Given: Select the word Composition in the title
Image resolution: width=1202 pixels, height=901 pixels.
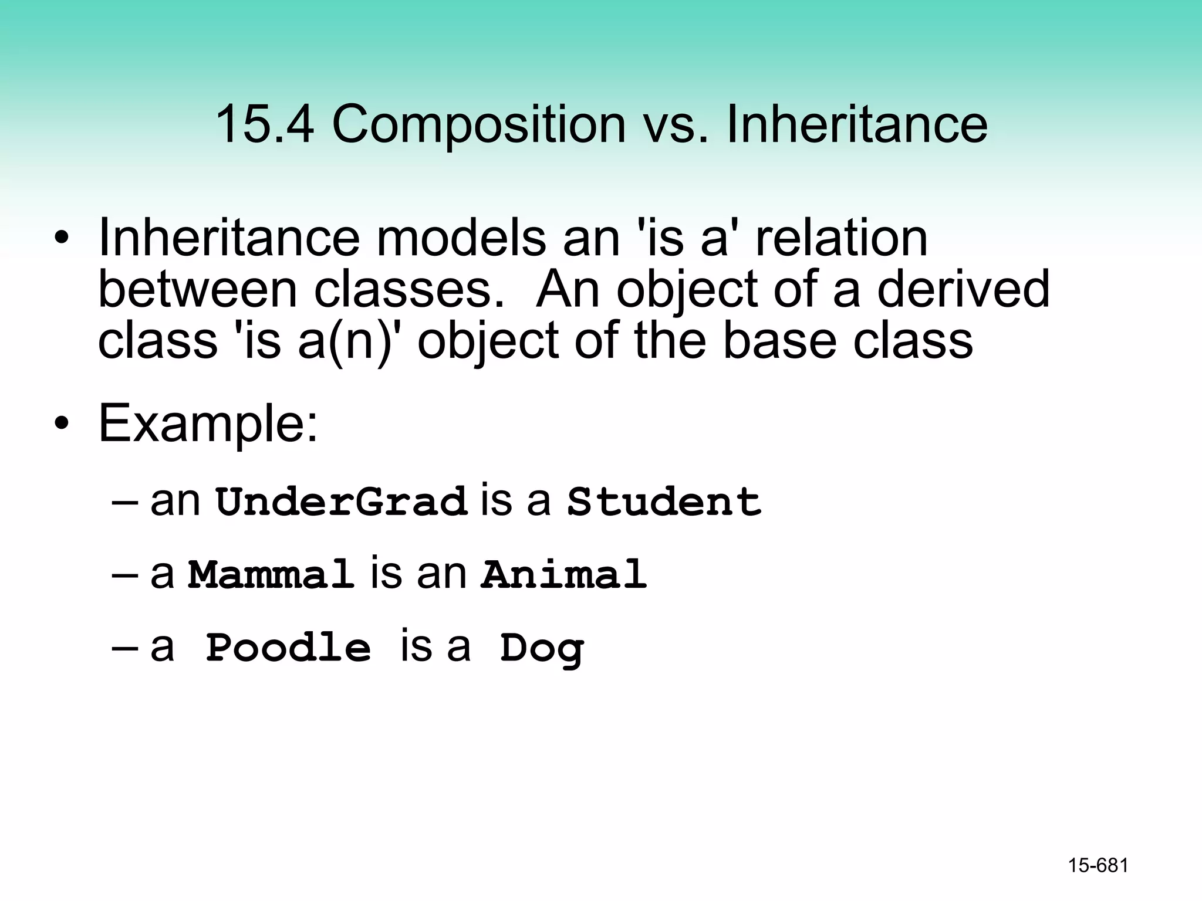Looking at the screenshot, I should tap(479, 125).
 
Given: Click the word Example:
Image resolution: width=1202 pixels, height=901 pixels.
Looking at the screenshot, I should tap(208, 423).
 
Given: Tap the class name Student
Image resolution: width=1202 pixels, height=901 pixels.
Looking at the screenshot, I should tap(664, 502).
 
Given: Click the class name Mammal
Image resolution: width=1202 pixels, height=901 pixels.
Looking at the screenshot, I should tap(271, 574).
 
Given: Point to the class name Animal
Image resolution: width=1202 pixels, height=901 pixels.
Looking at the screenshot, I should tap(564, 574).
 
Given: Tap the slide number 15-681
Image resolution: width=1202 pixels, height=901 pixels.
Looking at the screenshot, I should tap(1098, 865).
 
